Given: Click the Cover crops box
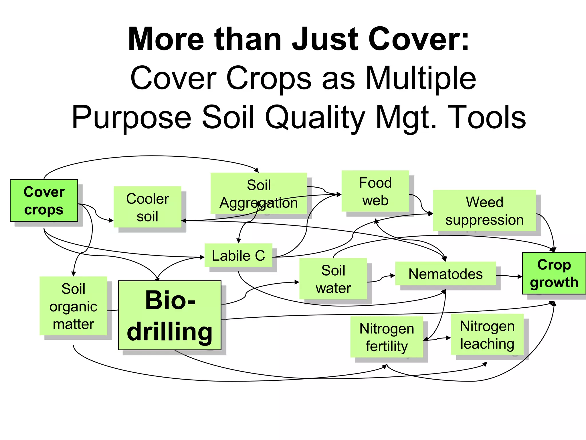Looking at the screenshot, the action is [x=44, y=201].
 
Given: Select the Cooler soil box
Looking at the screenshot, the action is [x=147, y=207].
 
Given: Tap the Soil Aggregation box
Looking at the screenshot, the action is [x=259, y=193].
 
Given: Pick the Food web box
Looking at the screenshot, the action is [x=375, y=191].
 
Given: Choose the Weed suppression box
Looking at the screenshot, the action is [x=484, y=211].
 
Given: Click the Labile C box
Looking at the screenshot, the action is [x=238, y=255].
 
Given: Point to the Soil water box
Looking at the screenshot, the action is [x=333, y=279].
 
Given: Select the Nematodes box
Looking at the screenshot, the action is [x=446, y=274].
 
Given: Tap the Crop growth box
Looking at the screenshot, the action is [x=554, y=273].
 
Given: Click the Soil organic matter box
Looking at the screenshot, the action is [x=73, y=306].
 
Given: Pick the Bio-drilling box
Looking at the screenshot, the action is [x=170, y=315].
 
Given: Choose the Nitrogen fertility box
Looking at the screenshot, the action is [x=387, y=337].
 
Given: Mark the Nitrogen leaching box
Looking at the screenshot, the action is [x=487, y=335].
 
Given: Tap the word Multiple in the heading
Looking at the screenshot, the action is [x=421, y=78].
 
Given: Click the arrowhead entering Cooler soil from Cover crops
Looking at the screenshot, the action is [x=111, y=221].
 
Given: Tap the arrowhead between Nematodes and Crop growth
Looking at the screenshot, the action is [x=520, y=277].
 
